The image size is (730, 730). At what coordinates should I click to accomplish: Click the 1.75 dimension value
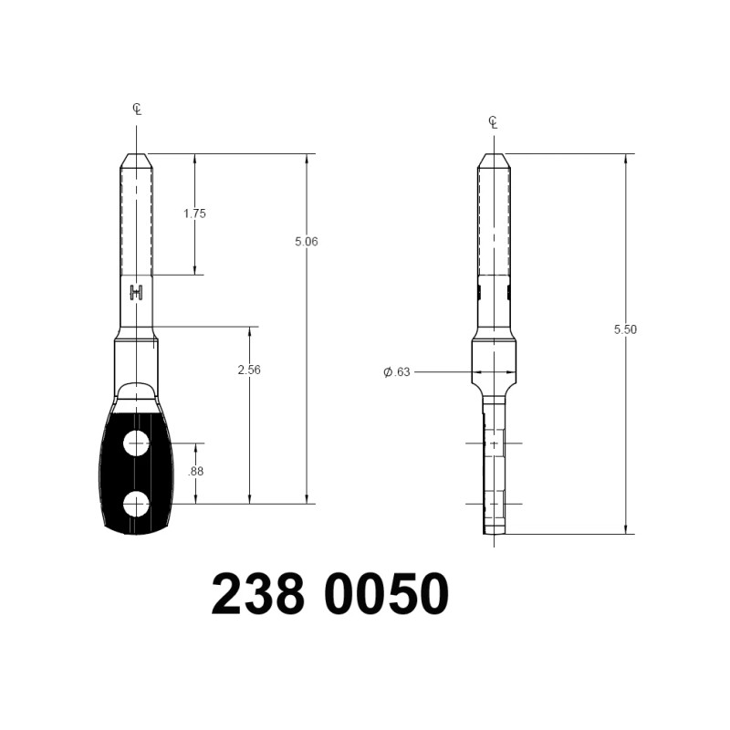click(x=194, y=214)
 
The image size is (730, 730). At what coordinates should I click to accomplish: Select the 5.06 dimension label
click(x=307, y=242)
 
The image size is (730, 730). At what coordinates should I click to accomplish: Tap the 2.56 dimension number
click(x=249, y=370)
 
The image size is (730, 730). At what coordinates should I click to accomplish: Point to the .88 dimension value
click(x=195, y=472)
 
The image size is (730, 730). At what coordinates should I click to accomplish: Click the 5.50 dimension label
click(x=625, y=329)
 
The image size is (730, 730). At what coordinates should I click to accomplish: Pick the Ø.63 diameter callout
click(x=397, y=372)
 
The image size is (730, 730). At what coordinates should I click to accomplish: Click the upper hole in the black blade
click(x=136, y=443)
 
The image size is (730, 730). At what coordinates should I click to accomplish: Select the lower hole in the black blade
click(x=136, y=504)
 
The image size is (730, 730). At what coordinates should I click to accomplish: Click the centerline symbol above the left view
click(x=137, y=109)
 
